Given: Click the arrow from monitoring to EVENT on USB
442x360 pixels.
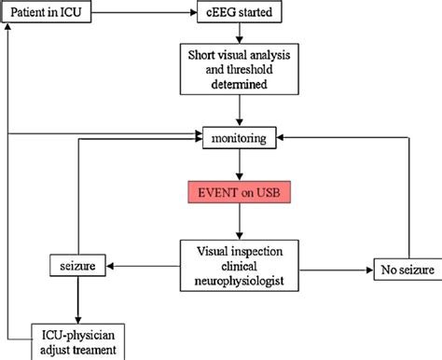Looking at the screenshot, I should click(x=240, y=166).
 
